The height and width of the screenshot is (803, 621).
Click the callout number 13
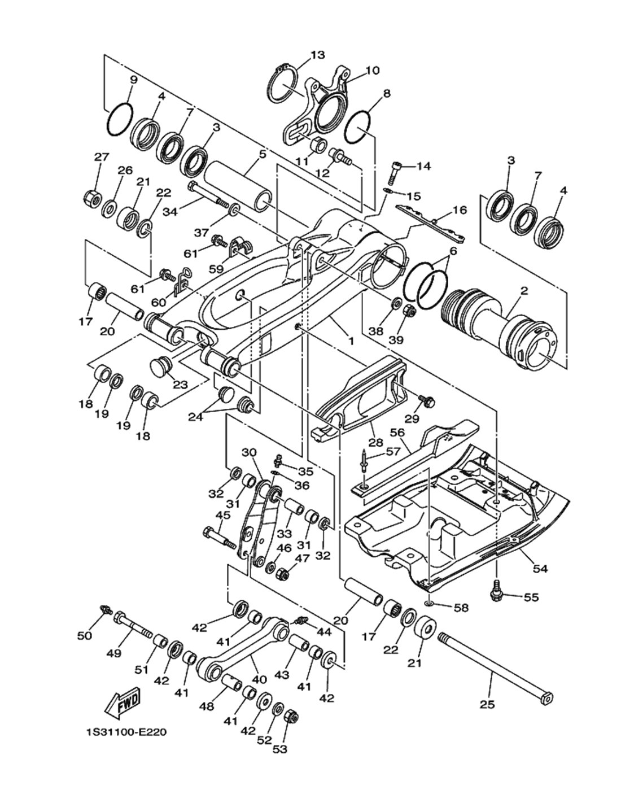coord(317,55)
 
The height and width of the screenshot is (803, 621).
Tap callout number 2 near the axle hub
coord(524,290)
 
